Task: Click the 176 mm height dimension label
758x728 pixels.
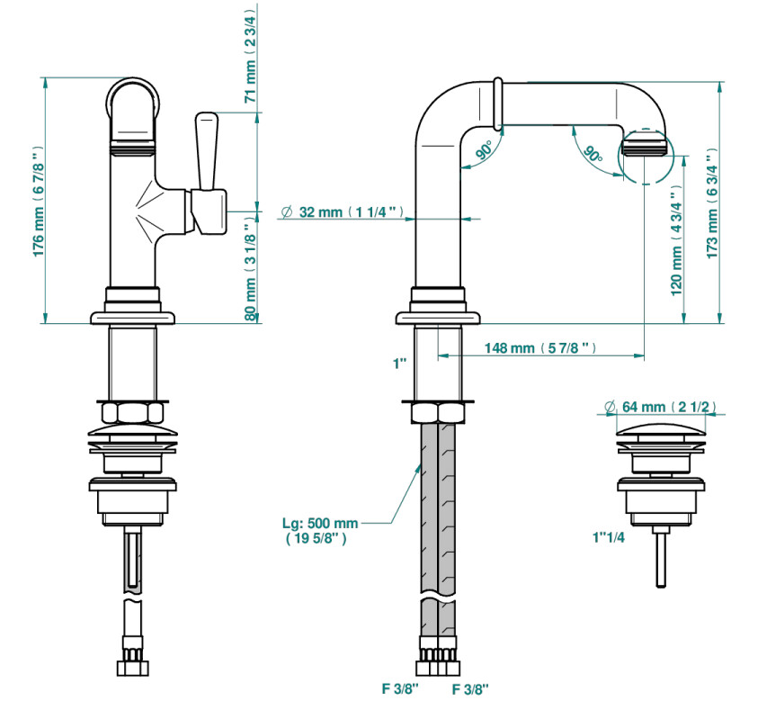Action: (39, 202)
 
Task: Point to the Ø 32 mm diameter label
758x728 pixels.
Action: (342, 211)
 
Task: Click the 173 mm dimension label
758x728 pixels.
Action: (712, 203)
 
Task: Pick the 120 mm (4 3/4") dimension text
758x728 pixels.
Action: (676, 240)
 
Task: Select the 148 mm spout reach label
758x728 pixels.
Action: (540, 347)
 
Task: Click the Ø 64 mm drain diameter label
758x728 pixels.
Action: (660, 407)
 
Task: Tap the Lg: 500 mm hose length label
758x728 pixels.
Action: (320, 530)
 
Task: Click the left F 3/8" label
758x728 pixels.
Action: (400, 688)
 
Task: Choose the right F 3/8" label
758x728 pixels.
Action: (470, 689)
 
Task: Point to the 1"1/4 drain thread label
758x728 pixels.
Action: (609, 537)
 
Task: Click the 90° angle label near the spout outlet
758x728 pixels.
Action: (593, 154)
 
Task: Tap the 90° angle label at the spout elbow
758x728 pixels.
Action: (484, 150)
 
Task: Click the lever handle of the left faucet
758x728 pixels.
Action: (207, 151)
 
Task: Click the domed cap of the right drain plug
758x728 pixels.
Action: (661, 429)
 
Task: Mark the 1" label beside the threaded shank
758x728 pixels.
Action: (400, 364)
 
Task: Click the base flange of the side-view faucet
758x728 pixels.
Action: (438, 318)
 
